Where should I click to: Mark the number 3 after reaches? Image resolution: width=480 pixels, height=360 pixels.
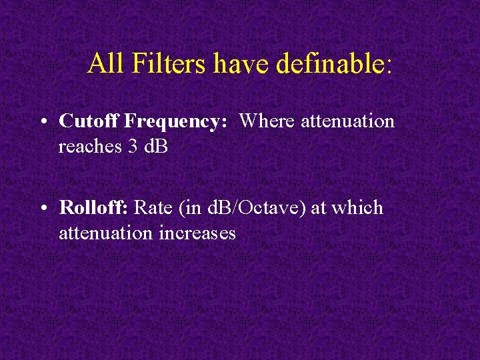coord(131,146)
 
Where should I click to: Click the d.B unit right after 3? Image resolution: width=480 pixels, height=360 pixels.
coord(155,146)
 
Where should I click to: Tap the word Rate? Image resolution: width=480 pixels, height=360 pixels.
coord(153,207)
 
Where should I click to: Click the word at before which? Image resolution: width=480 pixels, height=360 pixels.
coord(318,208)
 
